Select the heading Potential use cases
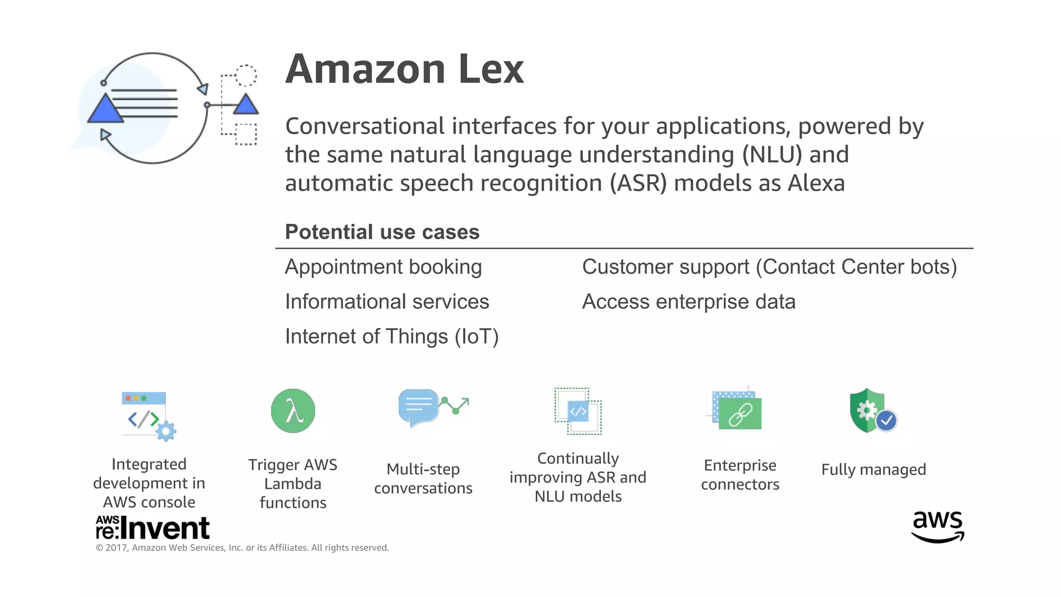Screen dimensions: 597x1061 tap(382, 232)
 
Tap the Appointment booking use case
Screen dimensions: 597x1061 tap(383, 267)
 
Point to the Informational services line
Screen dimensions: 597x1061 tap(387, 302)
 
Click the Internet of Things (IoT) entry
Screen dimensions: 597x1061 tap(392, 337)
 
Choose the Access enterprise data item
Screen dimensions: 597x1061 tap(689, 302)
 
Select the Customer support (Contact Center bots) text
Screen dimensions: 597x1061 tap(769, 267)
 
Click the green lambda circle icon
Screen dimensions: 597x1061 tap(293, 411)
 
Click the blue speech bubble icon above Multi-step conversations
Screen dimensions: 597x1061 tap(418, 407)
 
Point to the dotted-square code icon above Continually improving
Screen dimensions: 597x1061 tap(578, 411)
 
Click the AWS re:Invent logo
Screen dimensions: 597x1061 tap(152, 528)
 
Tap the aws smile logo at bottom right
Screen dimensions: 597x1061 tap(938, 526)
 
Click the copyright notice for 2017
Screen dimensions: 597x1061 tap(242, 548)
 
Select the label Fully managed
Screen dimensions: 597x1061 tap(873, 470)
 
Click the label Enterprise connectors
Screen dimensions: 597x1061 tap(740, 475)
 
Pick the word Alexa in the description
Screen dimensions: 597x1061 tap(816, 183)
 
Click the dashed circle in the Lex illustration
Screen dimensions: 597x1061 tap(246, 76)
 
